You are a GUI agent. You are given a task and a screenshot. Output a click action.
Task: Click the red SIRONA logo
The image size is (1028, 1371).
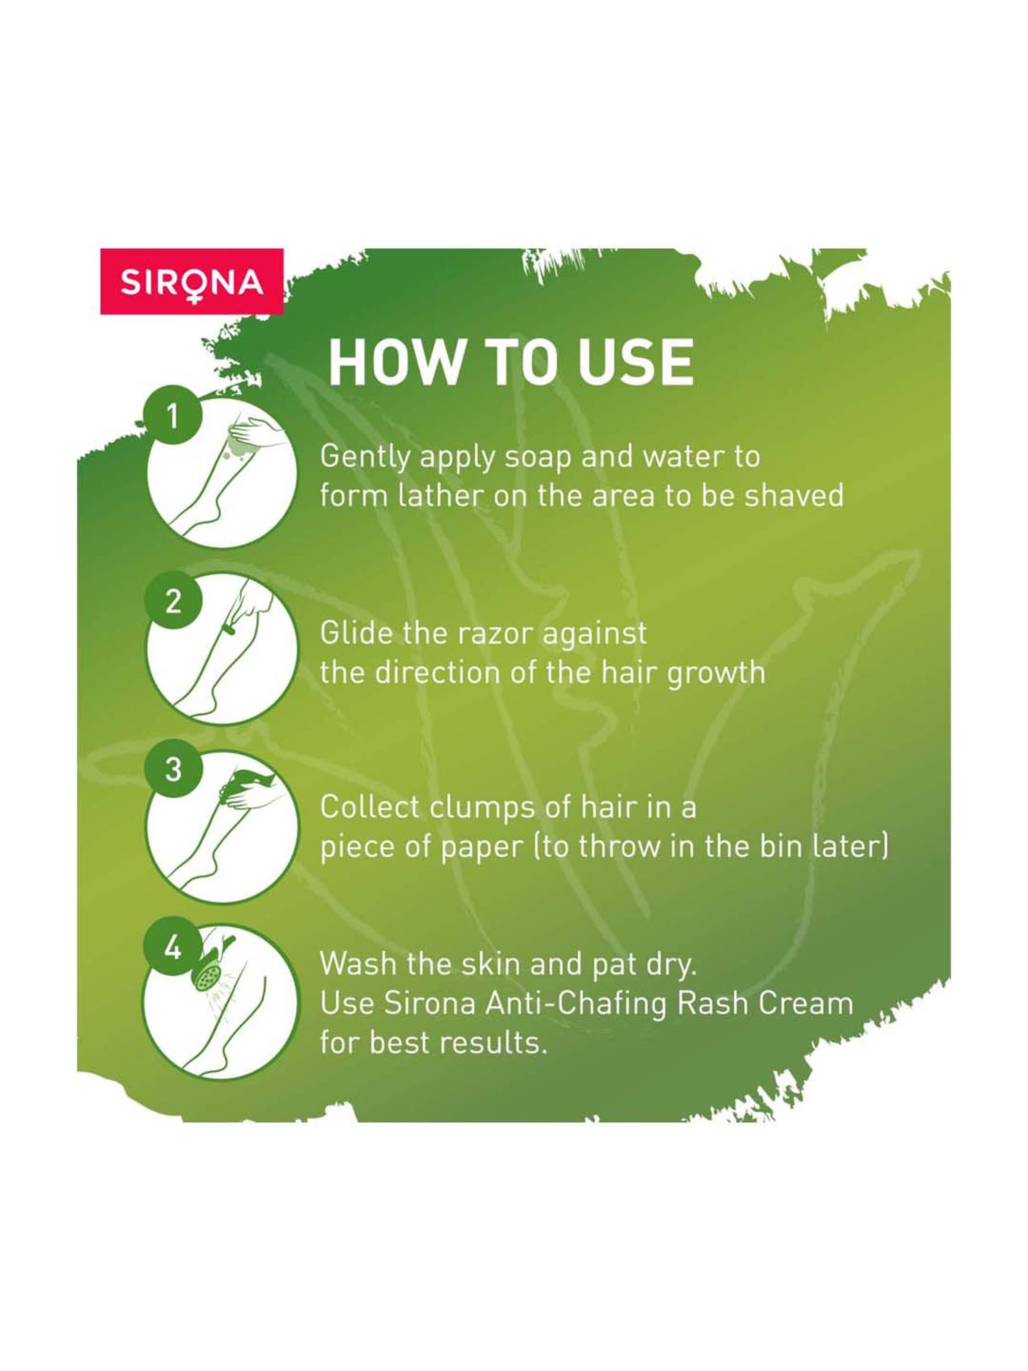192,281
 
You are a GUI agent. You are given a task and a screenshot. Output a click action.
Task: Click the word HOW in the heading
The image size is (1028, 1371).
395,362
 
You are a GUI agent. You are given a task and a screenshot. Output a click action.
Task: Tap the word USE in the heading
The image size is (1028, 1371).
635,362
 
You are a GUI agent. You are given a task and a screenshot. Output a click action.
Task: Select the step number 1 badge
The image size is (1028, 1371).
172,415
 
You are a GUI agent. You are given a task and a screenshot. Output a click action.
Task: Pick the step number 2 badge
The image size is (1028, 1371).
173,600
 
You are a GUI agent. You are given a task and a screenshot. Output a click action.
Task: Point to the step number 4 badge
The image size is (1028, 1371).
172,947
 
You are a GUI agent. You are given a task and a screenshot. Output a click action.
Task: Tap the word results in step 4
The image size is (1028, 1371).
493,1043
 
